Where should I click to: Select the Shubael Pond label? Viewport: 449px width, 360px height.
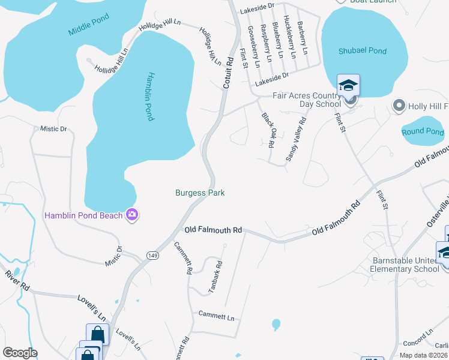click(x=363, y=51)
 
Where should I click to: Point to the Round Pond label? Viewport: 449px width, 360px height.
click(x=423, y=131)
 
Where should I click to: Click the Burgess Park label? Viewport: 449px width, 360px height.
click(x=200, y=193)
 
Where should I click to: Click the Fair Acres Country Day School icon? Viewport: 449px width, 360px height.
click(x=348, y=85)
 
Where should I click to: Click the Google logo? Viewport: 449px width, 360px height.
click(x=20, y=353)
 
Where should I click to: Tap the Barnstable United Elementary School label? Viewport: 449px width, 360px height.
click(x=406, y=265)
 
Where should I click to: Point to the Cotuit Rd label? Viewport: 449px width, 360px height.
click(x=228, y=74)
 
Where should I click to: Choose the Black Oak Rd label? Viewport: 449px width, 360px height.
click(x=268, y=130)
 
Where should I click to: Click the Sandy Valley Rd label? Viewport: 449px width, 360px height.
click(x=295, y=139)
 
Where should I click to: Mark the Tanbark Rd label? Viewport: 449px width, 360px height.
click(x=215, y=277)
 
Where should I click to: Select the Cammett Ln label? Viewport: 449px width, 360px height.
click(x=217, y=316)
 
